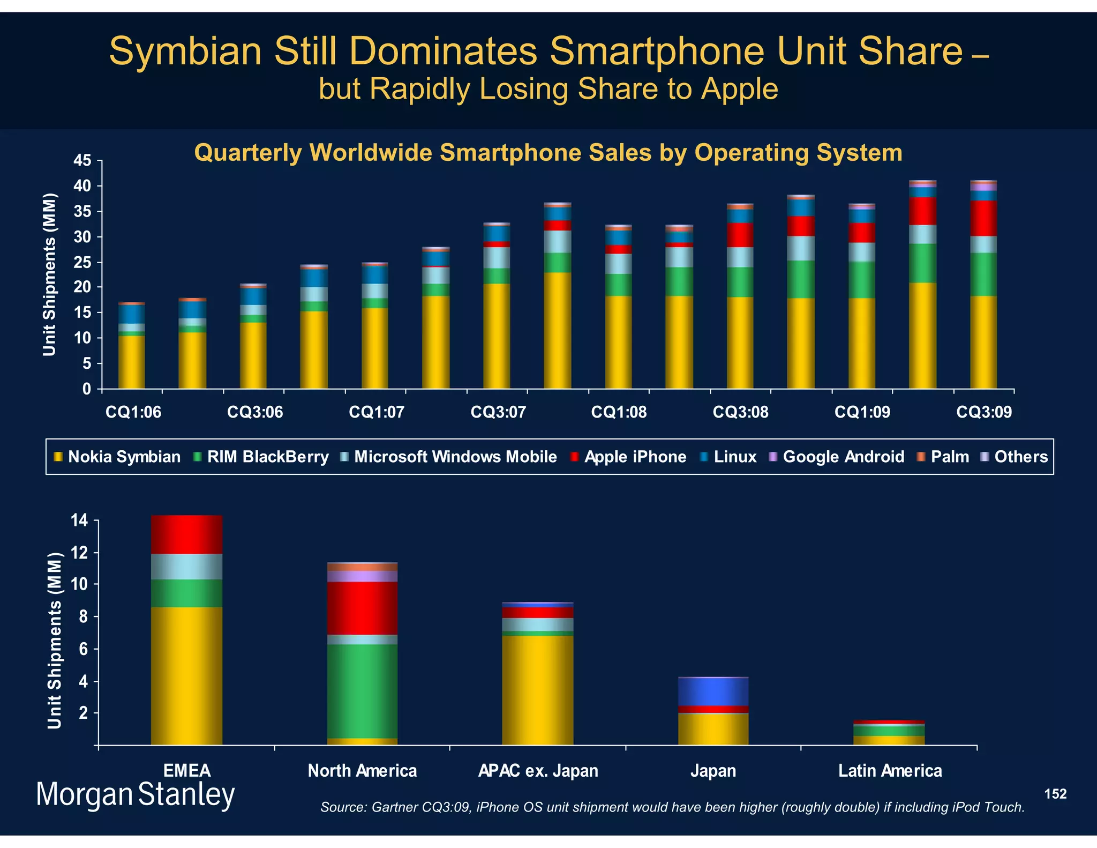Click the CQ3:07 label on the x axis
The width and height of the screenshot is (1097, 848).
(498, 412)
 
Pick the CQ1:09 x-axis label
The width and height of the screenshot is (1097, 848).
(862, 412)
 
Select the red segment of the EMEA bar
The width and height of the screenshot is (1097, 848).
(186, 534)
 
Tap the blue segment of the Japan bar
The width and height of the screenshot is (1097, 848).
(713, 691)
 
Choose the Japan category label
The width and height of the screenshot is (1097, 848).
(713, 771)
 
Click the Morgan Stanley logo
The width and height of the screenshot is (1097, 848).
(136, 794)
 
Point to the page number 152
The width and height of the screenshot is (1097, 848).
(1055, 794)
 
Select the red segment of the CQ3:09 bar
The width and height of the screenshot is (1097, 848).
(983, 218)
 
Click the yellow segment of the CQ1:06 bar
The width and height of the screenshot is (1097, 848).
(131, 362)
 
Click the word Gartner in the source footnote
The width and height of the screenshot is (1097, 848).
(394, 807)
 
